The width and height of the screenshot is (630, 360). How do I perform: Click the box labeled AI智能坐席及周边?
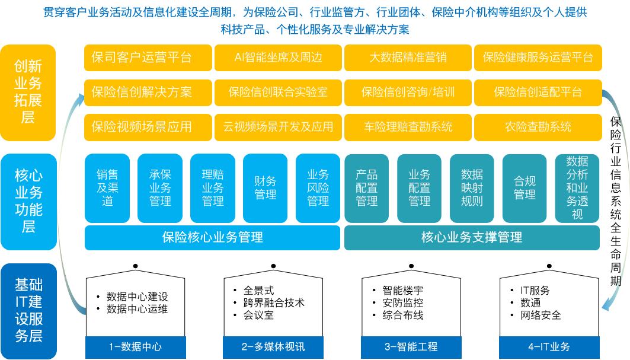pyautogui.click(x=278, y=58)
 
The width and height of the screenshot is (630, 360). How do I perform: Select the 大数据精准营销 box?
pyautogui.click(x=408, y=58)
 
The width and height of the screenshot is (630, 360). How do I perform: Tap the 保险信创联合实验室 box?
pyautogui.click(x=278, y=93)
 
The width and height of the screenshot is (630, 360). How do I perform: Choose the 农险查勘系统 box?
pyautogui.click(x=538, y=127)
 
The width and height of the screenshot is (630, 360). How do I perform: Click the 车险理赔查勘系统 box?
pyautogui.click(x=408, y=127)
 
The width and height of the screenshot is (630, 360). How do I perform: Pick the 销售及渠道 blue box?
pyautogui.click(x=107, y=188)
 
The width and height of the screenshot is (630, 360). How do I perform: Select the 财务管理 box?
pyautogui.click(x=265, y=188)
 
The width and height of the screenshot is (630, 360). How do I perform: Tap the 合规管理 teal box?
pyautogui.click(x=525, y=188)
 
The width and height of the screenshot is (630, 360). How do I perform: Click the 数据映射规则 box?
pyautogui.click(x=472, y=188)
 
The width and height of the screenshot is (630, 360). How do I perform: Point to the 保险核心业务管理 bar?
pyautogui.click(x=213, y=237)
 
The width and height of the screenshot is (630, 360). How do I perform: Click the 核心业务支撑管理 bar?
pyautogui.click(x=472, y=237)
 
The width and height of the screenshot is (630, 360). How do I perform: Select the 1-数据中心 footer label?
pyautogui.click(x=135, y=347)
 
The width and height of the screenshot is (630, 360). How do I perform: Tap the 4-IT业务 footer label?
pyautogui.click(x=549, y=347)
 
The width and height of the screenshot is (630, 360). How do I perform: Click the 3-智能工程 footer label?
pyautogui.click(x=411, y=347)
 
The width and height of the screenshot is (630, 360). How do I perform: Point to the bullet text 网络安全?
pyautogui.click(x=541, y=316)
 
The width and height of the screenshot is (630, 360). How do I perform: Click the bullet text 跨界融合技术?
pyautogui.click(x=274, y=303)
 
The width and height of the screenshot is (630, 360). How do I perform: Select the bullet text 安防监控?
pyautogui.click(x=402, y=303)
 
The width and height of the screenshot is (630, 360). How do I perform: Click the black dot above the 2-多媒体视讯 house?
pyautogui.click(x=273, y=266)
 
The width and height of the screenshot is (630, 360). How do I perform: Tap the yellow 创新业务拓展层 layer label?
pyautogui.click(x=28, y=93)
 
